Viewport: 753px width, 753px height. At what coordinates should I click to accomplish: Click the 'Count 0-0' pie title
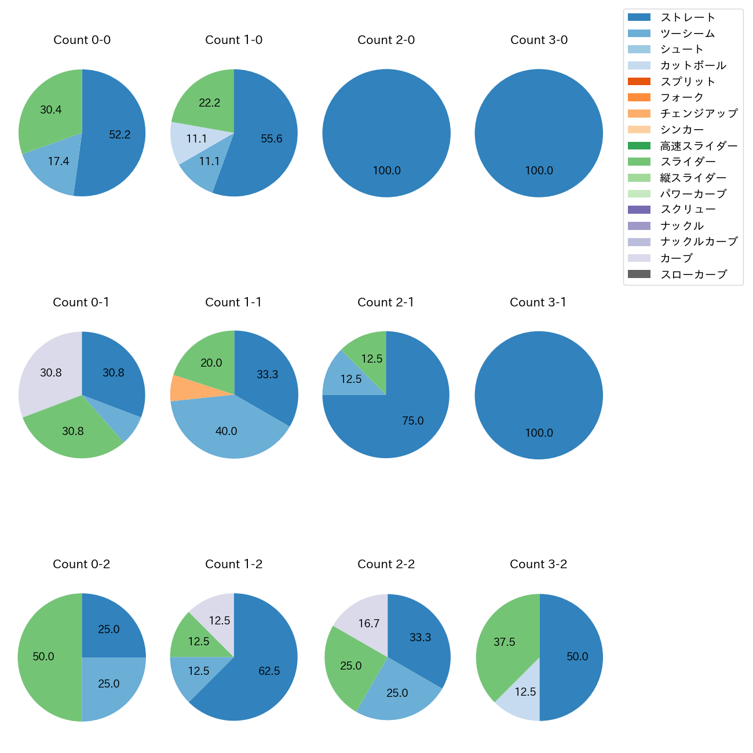click(x=82, y=40)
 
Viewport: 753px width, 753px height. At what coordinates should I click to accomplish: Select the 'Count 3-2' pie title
click(x=538, y=564)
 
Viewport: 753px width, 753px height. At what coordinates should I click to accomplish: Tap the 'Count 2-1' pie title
click(x=386, y=302)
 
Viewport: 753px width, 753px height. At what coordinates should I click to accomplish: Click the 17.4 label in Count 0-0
click(x=59, y=161)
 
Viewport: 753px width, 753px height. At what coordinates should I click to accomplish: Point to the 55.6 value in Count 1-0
click(x=272, y=138)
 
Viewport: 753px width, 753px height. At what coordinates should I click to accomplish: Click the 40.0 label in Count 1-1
click(x=226, y=431)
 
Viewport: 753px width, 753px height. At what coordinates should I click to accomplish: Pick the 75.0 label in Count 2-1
click(x=413, y=421)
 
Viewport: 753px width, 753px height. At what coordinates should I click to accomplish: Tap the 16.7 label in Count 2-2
click(x=369, y=623)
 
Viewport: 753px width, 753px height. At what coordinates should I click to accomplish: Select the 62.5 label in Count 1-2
click(x=269, y=671)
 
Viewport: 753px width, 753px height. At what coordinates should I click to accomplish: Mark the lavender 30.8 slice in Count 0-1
click(x=49, y=371)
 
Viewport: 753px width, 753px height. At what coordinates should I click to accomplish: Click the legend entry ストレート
click(x=688, y=17)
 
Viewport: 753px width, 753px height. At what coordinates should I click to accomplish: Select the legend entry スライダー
click(x=688, y=162)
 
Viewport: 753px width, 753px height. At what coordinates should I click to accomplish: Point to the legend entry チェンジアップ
click(x=699, y=114)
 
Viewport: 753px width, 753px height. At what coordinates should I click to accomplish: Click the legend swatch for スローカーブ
click(x=639, y=274)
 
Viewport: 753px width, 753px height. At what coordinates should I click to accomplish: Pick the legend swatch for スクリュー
click(x=639, y=210)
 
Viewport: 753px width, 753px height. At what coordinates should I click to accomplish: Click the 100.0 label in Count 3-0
click(x=539, y=170)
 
